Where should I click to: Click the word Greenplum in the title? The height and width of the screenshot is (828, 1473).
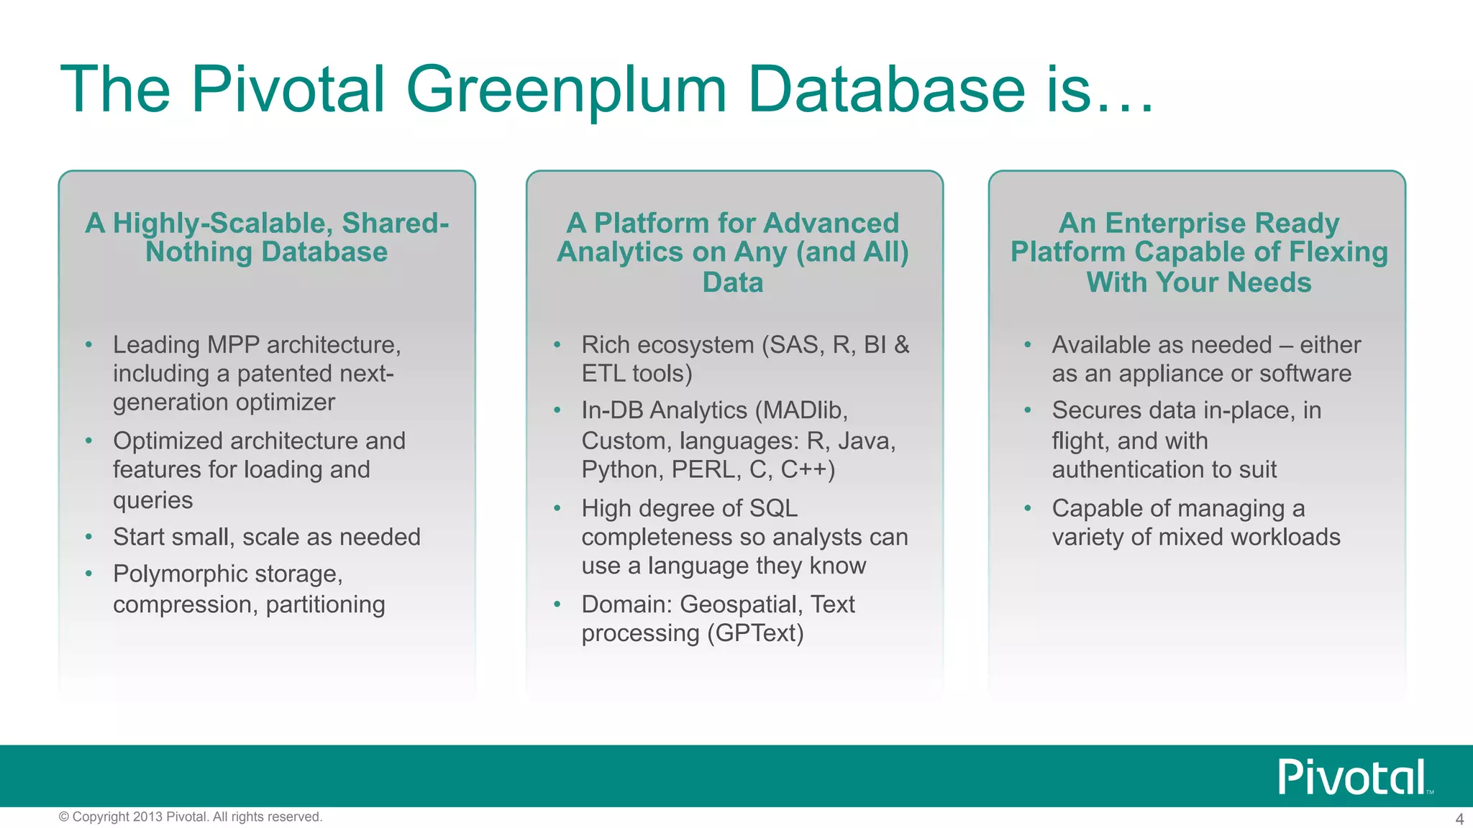[566, 91]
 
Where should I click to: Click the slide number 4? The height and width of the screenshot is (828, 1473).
[1459, 819]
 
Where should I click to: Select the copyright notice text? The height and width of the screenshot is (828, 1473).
[191, 816]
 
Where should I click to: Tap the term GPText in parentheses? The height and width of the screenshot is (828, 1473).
[755, 633]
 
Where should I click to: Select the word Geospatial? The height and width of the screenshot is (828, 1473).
[741, 604]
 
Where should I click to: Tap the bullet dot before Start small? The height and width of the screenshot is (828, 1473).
[88, 537]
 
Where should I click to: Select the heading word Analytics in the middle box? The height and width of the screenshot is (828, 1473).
[620, 252]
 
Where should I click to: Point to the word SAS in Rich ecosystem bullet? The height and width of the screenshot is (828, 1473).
[797, 345]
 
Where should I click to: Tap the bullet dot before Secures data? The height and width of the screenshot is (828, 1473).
[1028, 410]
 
